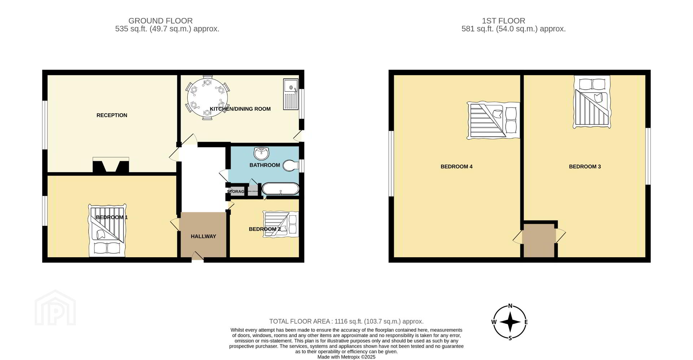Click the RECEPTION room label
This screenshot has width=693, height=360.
click(x=112, y=115)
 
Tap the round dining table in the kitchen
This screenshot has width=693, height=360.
click(x=208, y=97)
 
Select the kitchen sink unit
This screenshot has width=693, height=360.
click(x=291, y=94)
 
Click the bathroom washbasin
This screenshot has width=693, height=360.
click(x=261, y=153)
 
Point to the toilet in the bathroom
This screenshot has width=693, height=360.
click(x=291, y=166)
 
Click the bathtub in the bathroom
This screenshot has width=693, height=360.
click(x=280, y=189)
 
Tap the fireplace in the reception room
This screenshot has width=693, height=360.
click(x=111, y=165)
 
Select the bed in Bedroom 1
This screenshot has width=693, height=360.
click(x=107, y=231)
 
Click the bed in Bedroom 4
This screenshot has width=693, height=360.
click(x=493, y=120)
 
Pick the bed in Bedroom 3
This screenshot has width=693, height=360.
click(x=592, y=102)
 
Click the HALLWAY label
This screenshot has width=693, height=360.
click(x=204, y=237)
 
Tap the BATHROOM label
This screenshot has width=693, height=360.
click(x=265, y=165)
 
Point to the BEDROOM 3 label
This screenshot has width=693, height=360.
click(x=585, y=167)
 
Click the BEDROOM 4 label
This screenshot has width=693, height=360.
click(x=457, y=167)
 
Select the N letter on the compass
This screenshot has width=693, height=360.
click(x=510, y=306)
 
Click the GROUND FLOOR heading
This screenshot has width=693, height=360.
click(x=161, y=21)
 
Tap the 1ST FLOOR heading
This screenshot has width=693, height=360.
click(x=504, y=21)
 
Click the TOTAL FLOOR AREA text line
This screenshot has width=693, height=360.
click(x=346, y=321)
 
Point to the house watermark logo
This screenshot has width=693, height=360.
click(x=55, y=307)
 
